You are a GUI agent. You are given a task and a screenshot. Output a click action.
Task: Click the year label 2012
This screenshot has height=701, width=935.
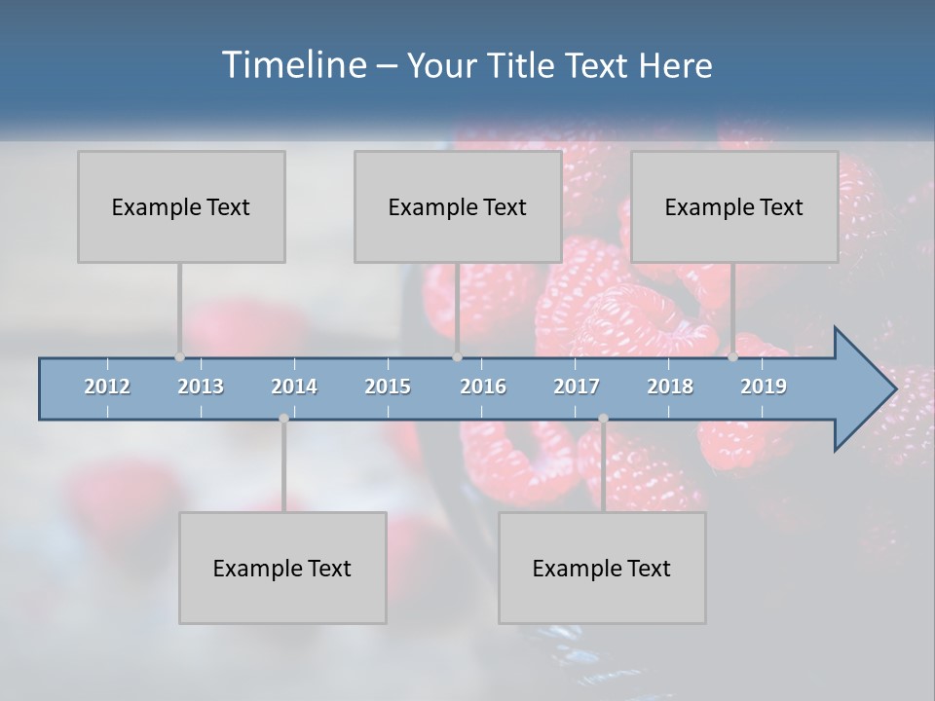tap(107, 387)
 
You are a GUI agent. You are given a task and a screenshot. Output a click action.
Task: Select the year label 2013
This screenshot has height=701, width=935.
tap(201, 387)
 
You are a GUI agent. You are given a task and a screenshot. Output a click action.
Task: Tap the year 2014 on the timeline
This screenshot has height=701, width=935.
tap(294, 387)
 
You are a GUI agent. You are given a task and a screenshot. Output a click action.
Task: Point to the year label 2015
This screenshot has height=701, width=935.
tap(388, 387)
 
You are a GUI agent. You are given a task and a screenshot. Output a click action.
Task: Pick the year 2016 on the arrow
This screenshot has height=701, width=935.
tap(483, 387)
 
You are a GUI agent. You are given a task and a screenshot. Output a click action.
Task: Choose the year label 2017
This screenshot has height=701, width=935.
tap(577, 387)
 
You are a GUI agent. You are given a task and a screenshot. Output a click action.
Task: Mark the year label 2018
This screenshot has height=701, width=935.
tap(670, 387)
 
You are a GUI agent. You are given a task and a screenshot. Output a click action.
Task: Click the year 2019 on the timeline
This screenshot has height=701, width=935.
tap(764, 387)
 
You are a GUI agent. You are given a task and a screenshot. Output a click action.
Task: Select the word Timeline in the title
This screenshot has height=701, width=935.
tap(291, 65)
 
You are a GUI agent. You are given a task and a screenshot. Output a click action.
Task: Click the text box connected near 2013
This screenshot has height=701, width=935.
tap(181, 206)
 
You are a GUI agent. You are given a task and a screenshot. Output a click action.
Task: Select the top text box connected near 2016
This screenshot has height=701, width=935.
tap(458, 206)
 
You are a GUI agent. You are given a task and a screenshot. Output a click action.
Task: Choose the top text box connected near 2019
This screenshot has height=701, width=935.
tap(734, 206)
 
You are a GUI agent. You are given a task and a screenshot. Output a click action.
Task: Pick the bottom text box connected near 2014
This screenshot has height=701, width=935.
tap(282, 568)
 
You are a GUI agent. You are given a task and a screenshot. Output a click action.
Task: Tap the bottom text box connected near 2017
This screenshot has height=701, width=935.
tap(602, 568)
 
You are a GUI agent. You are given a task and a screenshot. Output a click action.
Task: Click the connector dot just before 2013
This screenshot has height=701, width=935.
tap(179, 357)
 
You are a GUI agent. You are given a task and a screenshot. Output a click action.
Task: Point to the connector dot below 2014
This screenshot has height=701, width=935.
tap(283, 419)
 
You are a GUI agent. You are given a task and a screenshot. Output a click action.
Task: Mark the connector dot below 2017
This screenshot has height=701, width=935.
tap(603, 419)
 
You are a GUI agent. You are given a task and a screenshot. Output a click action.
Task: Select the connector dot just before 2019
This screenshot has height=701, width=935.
tap(732, 357)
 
